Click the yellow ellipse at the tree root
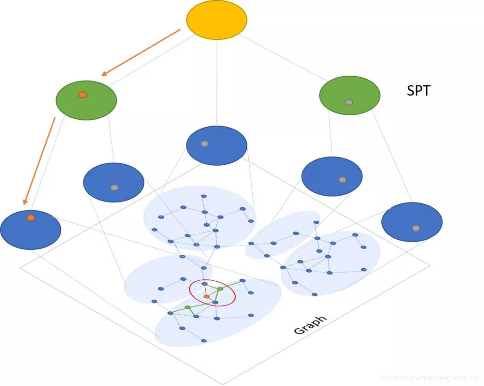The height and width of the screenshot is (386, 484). pos(216,20)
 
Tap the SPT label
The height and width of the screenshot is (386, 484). pos(418,91)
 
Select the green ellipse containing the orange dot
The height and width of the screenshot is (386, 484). pos(86,100)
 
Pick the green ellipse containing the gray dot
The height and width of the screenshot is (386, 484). pos(350,95)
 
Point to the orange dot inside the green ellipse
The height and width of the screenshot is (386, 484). pos(82,94)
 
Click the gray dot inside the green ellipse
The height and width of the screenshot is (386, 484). pos(349,102)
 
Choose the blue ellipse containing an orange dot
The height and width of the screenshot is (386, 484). pos(30,230)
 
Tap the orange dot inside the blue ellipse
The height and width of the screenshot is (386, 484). pos(30,218)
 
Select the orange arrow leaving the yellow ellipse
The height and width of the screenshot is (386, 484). pos(141,52)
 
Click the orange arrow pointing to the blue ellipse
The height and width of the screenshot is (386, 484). pos(39,160)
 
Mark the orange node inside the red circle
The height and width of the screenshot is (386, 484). pos(206,297)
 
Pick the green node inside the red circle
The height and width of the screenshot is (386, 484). pos(220,289)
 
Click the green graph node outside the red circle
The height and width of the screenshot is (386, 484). pos(187,307)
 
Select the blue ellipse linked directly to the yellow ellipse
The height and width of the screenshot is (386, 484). pos(216,146)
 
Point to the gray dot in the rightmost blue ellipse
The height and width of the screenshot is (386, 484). pos(416,228)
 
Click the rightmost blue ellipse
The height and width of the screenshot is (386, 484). pos(412,222)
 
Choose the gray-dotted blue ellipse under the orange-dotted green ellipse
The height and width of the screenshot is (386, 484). pos(113,182)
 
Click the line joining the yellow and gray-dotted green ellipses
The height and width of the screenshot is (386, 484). pos(282,57)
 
